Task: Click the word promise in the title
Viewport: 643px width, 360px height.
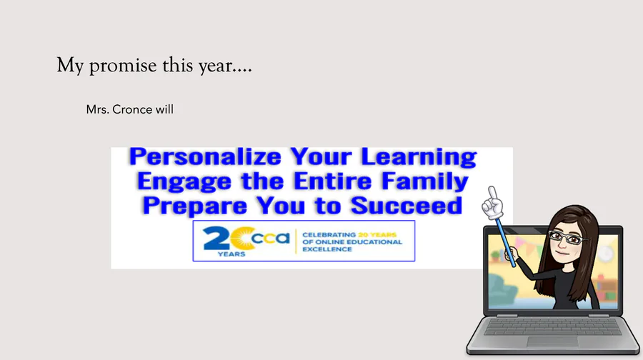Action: coord(123,66)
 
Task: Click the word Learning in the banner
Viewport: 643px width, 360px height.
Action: coord(419,157)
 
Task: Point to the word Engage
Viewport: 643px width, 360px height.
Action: coord(184,181)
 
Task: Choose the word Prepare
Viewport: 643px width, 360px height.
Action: coord(195,206)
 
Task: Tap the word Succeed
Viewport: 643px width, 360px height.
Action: coord(407,206)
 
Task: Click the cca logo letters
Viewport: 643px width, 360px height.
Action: coord(270,238)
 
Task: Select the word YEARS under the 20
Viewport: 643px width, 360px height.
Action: coord(231,254)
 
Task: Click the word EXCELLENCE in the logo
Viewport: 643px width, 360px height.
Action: coord(327,249)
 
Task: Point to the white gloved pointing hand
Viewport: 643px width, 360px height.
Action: coord(492,203)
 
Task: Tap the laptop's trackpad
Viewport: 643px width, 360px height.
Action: coord(552,342)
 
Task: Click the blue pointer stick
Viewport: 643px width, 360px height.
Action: coord(506,241)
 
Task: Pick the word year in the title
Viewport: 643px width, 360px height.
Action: coord(215,66)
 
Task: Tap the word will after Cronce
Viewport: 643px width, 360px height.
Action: coord(164,109)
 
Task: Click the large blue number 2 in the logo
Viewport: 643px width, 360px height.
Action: coord(216,239)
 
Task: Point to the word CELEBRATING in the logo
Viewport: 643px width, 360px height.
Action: coord(329,234)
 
